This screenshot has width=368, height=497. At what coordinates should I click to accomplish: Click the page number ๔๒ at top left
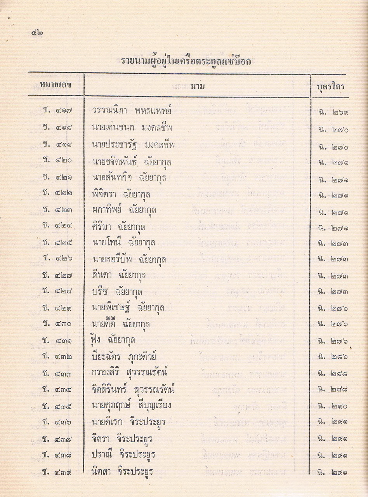(x=37, y=33)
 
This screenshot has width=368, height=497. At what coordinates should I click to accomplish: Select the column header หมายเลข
(x=56, y=85)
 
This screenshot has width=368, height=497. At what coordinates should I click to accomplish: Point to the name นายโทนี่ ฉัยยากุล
(x=124, y=243)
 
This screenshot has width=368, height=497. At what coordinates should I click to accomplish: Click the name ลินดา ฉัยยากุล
(x=119, y=275)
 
